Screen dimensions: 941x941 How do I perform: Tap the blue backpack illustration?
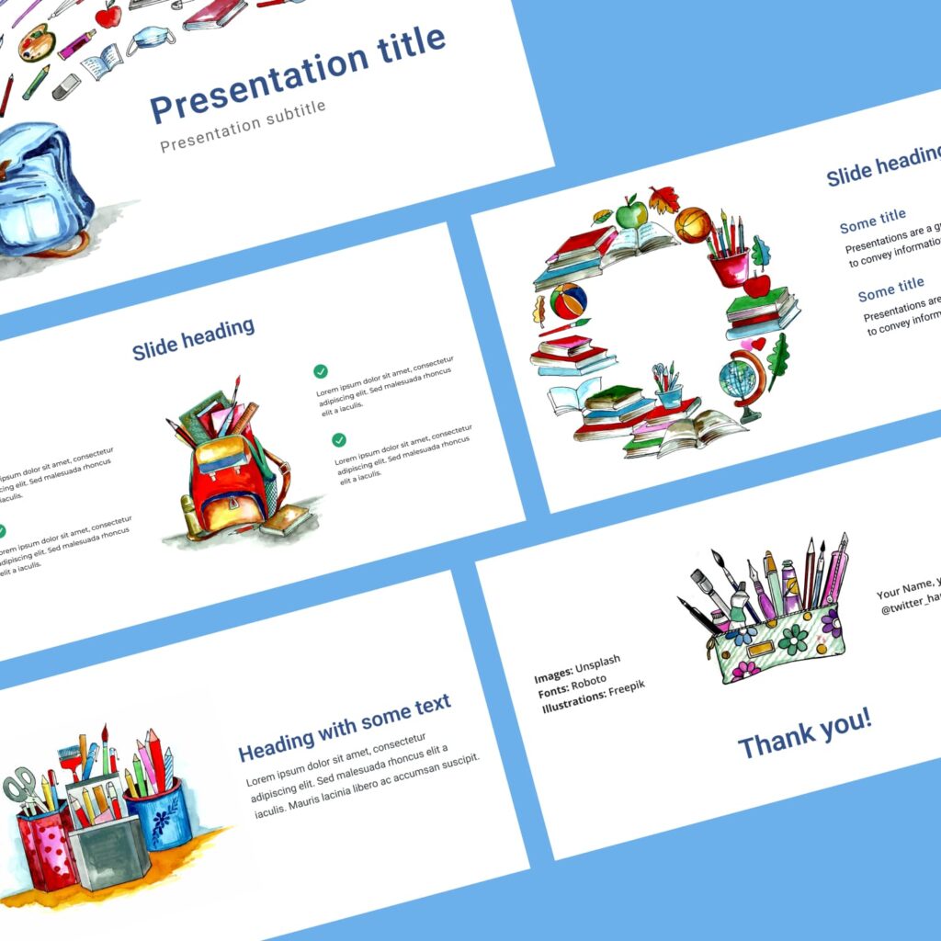[41, 188]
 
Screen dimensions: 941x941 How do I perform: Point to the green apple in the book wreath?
[630, 214]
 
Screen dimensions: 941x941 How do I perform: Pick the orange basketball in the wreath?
[692, 224]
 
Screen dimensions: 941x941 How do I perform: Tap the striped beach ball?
[568, 300]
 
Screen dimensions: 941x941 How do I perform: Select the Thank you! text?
[805, 732]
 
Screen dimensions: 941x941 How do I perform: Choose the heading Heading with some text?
[345, 728]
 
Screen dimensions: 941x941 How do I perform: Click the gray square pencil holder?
[108, 845]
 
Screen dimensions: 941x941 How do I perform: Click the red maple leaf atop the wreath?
[663, 198]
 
